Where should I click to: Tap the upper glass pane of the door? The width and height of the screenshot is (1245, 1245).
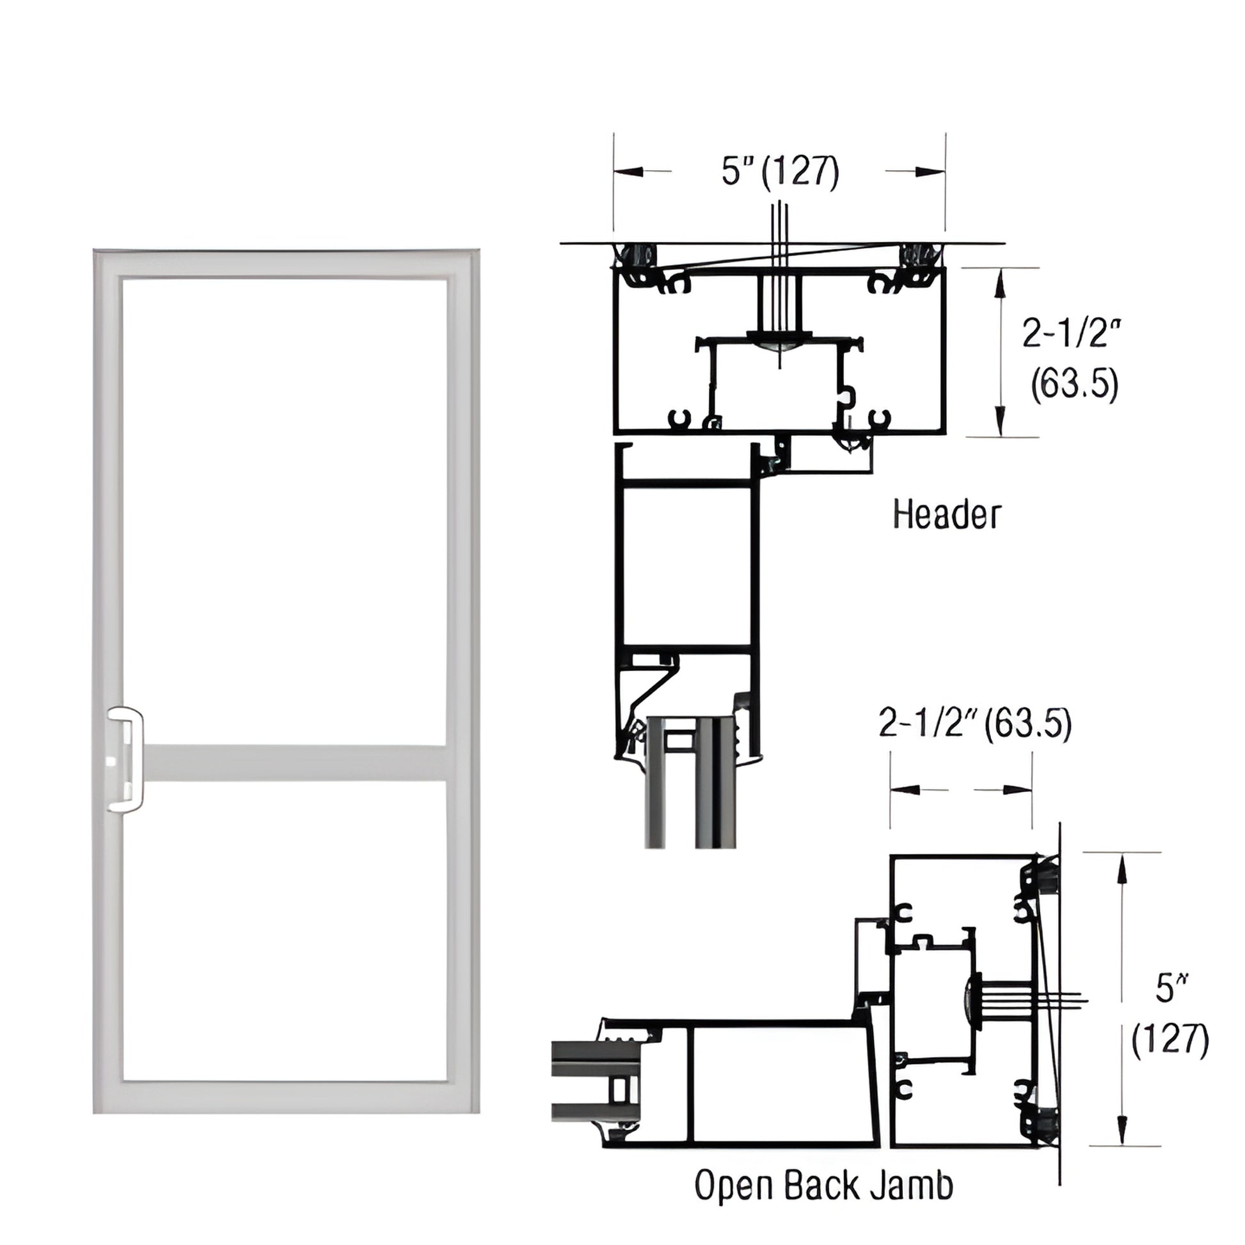click(x=283, y=509)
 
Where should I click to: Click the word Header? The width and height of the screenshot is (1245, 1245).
click(x=947, y=516)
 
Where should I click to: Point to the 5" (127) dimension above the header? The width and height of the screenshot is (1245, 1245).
click(x=780, y=171)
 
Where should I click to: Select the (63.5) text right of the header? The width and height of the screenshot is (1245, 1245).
click(x=1074, y=385)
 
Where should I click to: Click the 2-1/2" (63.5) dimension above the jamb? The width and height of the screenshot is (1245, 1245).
click(x=975, y=724)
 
